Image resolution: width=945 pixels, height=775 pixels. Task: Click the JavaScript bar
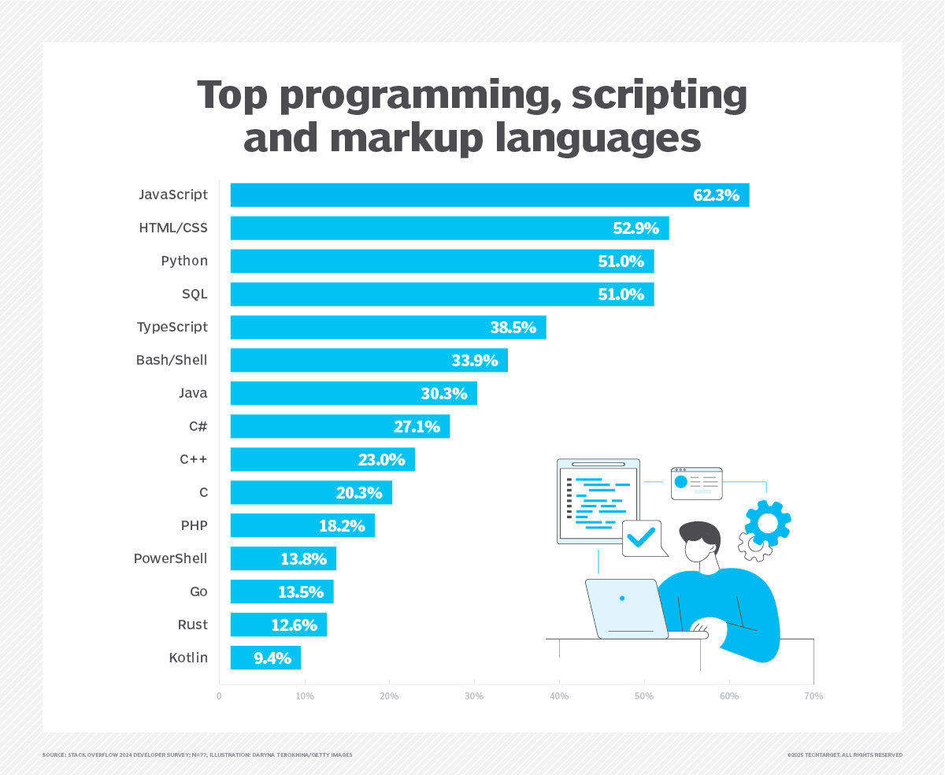[x=488, y=195]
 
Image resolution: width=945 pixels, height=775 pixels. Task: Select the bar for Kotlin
[x=265, y=658]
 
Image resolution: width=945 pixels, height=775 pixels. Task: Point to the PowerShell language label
[x=170, y=558]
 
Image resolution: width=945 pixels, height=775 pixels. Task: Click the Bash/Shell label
[x=172, y=360]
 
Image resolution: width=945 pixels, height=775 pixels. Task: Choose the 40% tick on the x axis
[x=559, y=696]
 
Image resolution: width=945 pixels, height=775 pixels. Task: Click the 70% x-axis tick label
[x=813, y=696]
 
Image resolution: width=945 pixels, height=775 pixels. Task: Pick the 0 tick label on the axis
[x=219, y=696]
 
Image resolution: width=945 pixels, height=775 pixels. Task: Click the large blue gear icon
[x=767, y=523]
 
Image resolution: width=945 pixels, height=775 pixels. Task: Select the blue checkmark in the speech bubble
[x=641, y=537]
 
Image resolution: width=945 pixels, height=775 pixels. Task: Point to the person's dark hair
[x=701, y=532]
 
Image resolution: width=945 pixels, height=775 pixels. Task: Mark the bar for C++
[x=322, y=459]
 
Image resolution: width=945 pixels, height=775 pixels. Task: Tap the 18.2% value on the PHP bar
[x=342, y=526]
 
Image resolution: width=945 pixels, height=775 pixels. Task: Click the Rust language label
[x=193, y=625]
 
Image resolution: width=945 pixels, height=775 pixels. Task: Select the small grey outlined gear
[x=754, y=546]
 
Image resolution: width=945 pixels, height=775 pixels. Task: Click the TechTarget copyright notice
[x=844, y=755]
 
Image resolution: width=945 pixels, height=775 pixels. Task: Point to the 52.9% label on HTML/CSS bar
[x=636, y=228]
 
